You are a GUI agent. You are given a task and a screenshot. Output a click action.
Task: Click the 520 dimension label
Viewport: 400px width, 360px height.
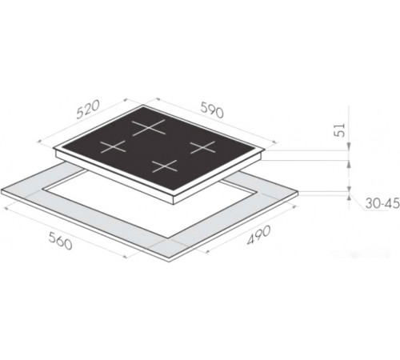click(x=88, y=109)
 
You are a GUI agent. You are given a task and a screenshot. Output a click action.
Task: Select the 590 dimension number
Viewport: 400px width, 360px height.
click(x=212, y=110)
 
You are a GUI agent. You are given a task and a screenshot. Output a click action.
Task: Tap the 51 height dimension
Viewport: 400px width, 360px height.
click(x=339, y=130)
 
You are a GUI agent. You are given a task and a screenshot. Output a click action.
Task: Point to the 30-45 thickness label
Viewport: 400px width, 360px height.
click(x=382, y=203)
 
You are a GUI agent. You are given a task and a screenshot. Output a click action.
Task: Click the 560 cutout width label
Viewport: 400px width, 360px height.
click(x=60, y=241)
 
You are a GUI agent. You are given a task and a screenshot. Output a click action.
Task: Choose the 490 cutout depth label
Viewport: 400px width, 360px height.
click(x=258, y=235)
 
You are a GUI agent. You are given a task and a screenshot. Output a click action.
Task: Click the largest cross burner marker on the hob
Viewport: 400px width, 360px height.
click(x=149, y=127)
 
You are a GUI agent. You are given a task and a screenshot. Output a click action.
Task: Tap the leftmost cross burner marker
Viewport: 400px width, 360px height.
click(x=113, y=146)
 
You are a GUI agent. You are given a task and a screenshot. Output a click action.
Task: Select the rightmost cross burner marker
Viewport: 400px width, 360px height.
click(x=203, y=147)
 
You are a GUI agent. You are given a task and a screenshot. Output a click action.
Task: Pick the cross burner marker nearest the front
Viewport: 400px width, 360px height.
click(x=165, y=166)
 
